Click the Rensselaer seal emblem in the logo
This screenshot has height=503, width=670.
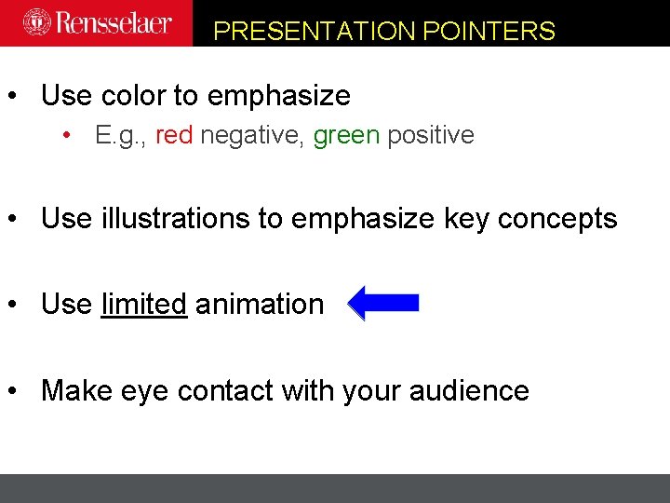36,21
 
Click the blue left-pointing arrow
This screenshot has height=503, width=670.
383,304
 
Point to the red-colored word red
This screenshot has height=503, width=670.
174,135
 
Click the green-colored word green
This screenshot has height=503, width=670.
346,136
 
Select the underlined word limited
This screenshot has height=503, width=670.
143,304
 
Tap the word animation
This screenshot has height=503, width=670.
260,304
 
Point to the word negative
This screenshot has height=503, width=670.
252,136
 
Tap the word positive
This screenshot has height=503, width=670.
431,135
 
